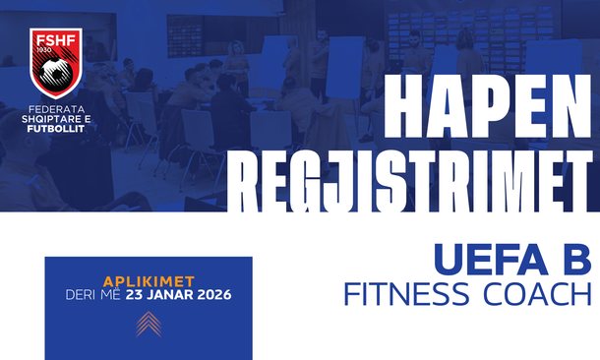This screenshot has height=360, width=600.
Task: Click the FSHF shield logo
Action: click(56, 63)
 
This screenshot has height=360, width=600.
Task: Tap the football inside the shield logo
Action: click(56, 73)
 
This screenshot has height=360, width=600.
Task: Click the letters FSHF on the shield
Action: click(56, 39)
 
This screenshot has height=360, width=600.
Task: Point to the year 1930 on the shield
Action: click(44, 49)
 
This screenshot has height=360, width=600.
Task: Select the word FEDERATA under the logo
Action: click(57, 110)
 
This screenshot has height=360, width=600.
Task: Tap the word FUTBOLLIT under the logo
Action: click(56, 129)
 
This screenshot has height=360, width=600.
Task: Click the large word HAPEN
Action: click(487, 106)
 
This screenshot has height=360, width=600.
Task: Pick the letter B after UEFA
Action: click(576, 259)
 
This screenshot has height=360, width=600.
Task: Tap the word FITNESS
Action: click(406, 293)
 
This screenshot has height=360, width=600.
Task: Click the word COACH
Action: click(537, 293)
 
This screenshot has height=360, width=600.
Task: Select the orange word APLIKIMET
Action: click(149, 282)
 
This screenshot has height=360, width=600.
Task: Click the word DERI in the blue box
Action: click(81, 295)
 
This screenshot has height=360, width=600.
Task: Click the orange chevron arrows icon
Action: click(149, 324)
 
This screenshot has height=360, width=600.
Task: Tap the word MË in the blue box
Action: click(110, 294)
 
